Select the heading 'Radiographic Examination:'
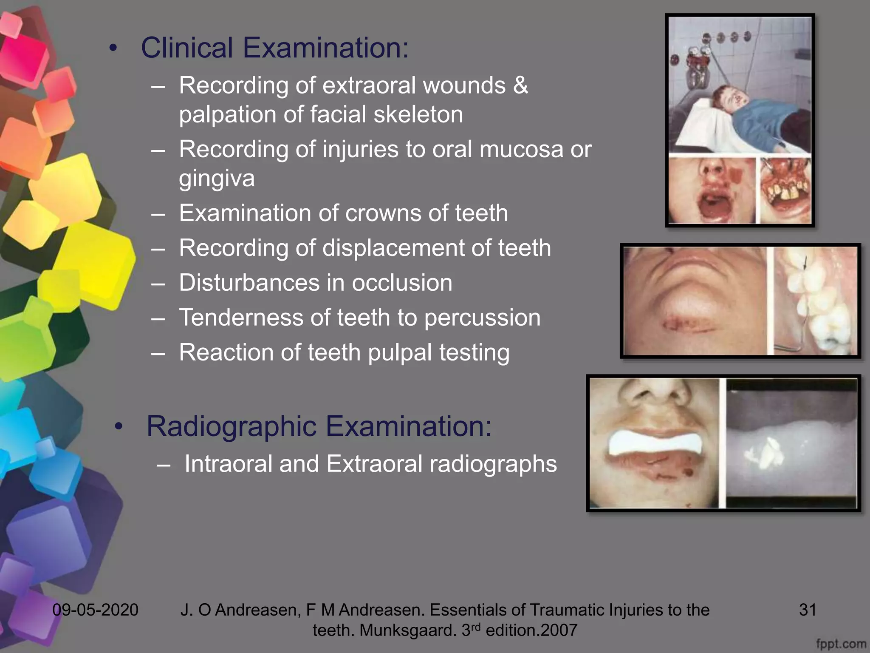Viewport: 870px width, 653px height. click(319, 426)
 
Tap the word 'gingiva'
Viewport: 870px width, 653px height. click(217, 178)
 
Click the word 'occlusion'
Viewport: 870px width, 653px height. click(402, 283)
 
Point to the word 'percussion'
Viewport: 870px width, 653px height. click(482, 318)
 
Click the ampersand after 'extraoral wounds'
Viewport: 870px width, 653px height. click(520, 85)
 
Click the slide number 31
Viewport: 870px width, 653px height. click(808, 610)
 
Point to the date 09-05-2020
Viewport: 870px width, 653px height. click(95, 610)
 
